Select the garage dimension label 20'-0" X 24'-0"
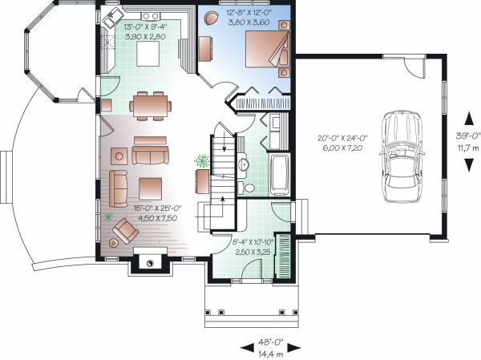click(341, 138)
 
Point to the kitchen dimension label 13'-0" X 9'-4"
click(144, 26)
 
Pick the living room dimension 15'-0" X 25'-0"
click(156, 208)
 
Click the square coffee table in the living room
click(151, 188)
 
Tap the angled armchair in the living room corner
click(126, 231)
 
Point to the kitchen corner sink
click(112, 18)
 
